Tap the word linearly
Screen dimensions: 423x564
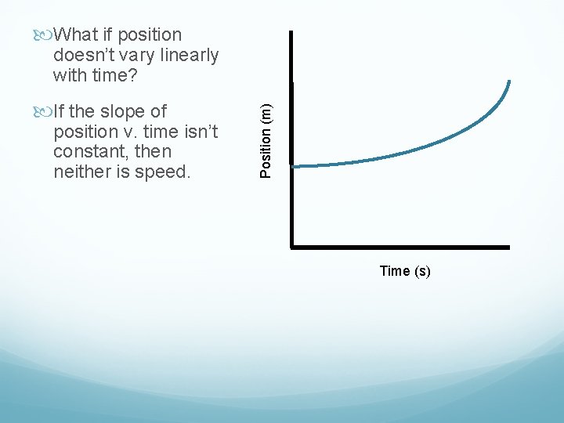(x=187, y=55)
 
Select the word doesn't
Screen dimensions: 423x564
(x=85, y=55)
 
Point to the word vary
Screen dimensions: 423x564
(x=138, y=55)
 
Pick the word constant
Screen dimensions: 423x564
(x=89, y=150)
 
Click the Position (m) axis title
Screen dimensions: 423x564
(x=266, y=134)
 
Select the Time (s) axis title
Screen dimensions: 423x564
(x=404, y=271)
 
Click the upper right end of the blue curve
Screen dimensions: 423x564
(x=509, y=81)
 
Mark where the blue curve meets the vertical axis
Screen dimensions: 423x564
(x=292, y=165)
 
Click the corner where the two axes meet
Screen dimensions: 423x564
(x=291, y=247)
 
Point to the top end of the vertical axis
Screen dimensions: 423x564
(x=291, y=33)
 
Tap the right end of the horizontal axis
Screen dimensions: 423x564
(x=508, y=247)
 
